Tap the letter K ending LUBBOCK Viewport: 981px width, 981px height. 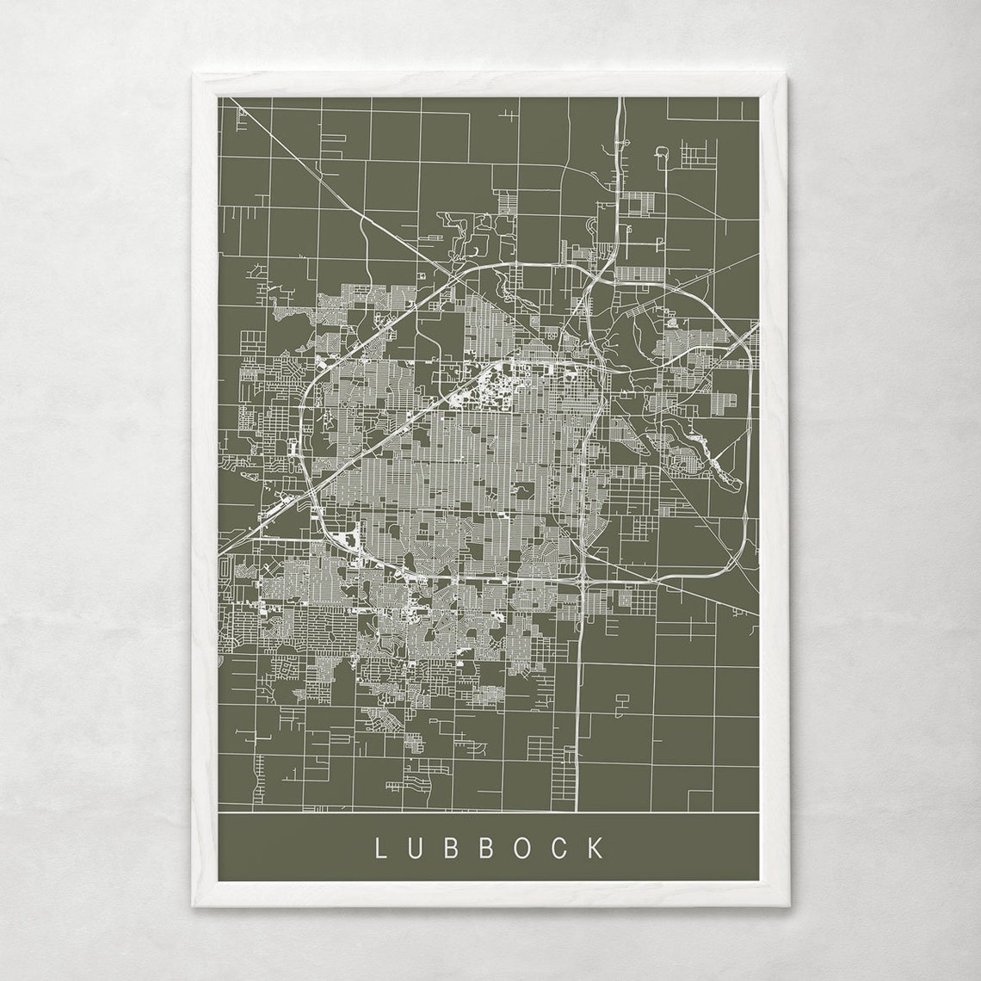click(596, 848)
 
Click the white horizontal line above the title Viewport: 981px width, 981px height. click(489, 812)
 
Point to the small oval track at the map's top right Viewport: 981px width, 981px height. click(663, 156)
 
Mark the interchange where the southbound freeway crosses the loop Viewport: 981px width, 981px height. click(583, 582)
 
